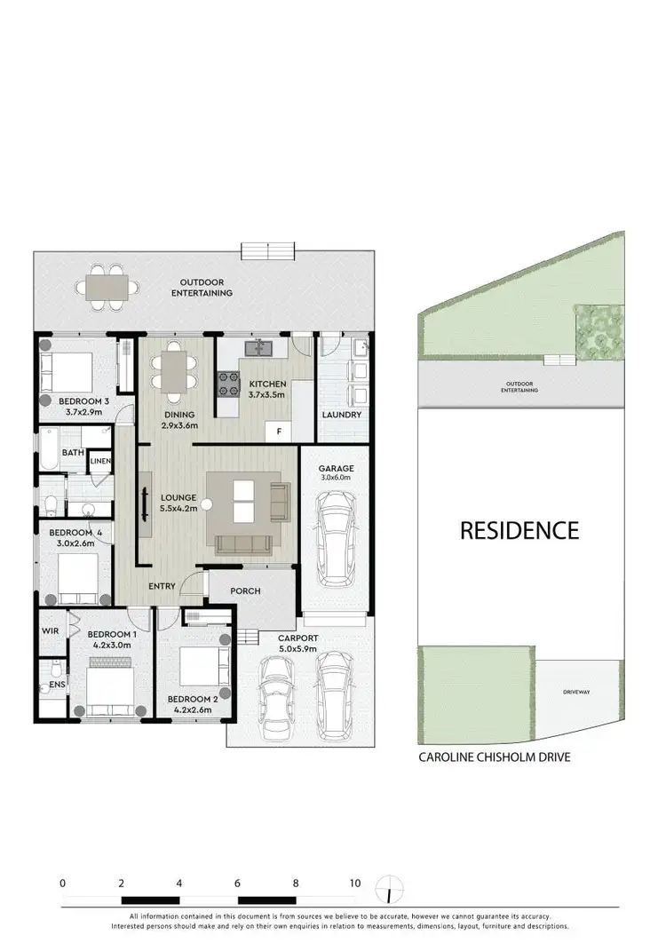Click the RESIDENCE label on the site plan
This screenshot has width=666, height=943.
(x=519, y=531)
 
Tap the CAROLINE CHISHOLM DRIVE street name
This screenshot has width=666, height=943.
(x=494, y=757)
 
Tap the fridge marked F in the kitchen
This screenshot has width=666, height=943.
(x=280, y=432)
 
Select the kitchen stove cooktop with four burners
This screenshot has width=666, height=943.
(x=229, y=382)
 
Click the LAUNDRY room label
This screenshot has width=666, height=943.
(x=341, y=415)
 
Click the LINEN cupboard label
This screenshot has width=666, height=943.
(x=99, y=462)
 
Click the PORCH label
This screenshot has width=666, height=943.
(x=245, y=590)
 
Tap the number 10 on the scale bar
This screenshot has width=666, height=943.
(x=354, y=884)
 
